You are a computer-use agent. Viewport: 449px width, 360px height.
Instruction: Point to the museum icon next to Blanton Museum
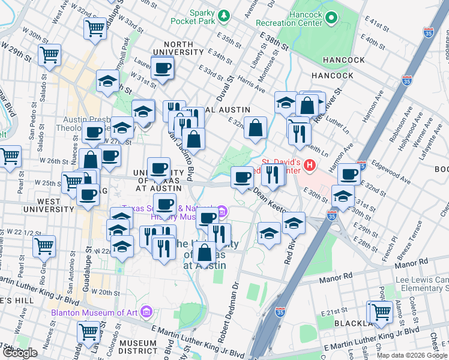tap(146, 311)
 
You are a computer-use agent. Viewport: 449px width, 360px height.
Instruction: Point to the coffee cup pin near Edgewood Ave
tap(349, 174)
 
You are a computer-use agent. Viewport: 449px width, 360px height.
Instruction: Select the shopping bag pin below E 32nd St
tap(256, 127)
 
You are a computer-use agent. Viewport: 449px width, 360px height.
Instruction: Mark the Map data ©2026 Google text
tap(412, 355)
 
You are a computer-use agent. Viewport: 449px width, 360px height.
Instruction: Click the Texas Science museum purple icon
tap(221, 211)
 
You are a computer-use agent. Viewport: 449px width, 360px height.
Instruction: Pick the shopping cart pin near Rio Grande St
tap(44, 245)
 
